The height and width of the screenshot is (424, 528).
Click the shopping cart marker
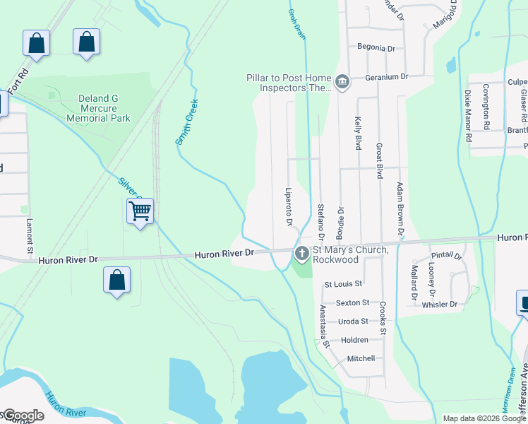coord(140,211)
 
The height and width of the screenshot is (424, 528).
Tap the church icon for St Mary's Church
coord(302,252)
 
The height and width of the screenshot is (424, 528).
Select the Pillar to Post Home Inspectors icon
coord(342,83)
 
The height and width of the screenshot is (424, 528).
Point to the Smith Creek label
coord(187,122)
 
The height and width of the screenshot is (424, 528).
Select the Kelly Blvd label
coord(358,134)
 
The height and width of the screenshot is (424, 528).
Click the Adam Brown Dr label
coord(400,208)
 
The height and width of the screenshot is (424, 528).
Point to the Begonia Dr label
coord(376,48)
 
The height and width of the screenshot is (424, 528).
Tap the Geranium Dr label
coord(387,76)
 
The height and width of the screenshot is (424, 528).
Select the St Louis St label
coord(343,284)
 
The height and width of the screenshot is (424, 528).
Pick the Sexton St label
coord(352,302)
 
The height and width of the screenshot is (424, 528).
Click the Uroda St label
coord(354,321)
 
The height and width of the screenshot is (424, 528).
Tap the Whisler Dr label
coord(439,305)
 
